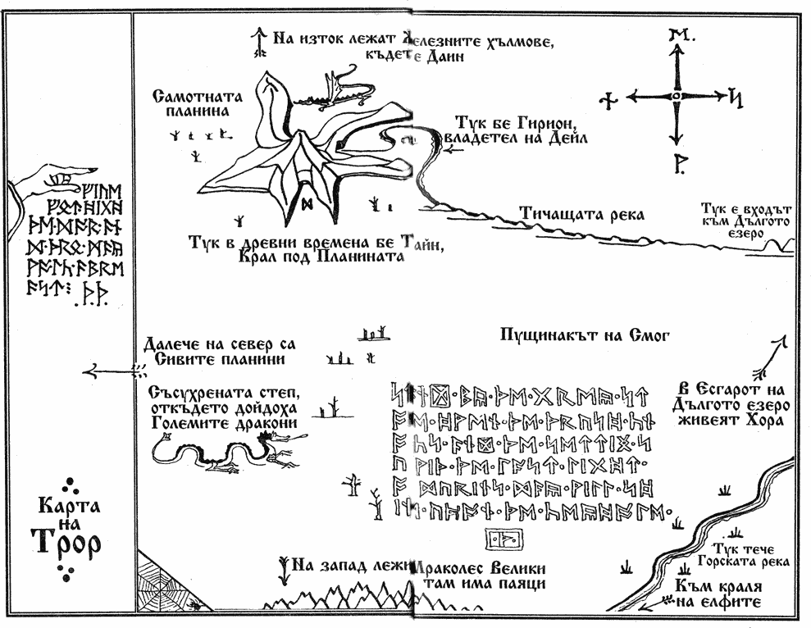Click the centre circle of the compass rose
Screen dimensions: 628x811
pos(676,97)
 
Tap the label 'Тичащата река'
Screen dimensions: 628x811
pos(581,215)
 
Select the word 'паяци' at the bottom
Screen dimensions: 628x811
pos(517,584)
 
